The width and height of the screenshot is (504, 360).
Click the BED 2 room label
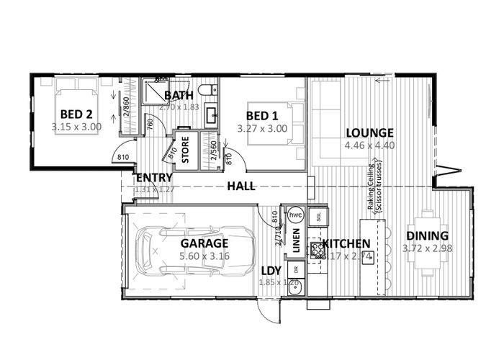click(x=76, y=114)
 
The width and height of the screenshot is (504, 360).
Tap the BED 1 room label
click(x=262, y=116)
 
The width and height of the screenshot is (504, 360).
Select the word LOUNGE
click(x=369, y=132)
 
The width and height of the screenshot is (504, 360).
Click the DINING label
click(x=427, y=235)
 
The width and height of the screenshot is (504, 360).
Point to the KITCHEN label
click(x=346, y=243)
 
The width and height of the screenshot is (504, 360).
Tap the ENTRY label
click(x=153, y=178)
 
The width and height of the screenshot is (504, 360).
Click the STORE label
click(x=185, y=150)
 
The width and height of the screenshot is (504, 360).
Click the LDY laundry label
click(x=271, y=270)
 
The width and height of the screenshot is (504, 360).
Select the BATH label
click(x=178, y=96)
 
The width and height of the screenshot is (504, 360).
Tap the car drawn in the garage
click(x=189, y=251)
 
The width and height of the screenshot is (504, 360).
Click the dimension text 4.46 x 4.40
click(x=369, y=145)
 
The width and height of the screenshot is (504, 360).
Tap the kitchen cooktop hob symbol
click(x=315, y=249)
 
